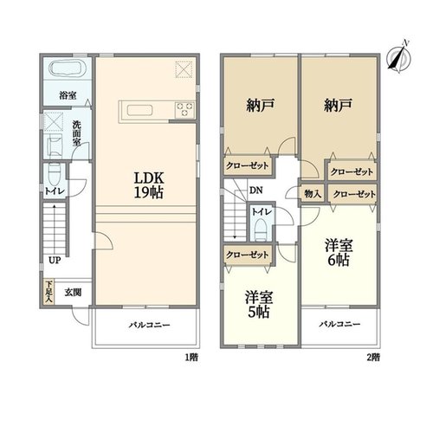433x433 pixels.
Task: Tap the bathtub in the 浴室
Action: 68,68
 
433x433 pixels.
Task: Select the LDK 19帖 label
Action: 149,185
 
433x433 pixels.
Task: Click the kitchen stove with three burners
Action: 185,110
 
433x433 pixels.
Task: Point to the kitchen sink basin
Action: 140,110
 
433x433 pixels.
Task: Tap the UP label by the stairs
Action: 55,261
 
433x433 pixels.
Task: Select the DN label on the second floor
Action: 255,191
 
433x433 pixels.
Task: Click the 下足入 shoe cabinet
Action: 48,292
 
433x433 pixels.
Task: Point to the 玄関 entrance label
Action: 73,293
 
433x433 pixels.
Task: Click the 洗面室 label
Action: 76,133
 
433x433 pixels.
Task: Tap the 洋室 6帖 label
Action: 339,253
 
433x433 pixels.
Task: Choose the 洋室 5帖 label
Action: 259,305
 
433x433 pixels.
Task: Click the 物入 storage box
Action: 313,194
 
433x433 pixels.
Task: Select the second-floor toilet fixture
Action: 262,229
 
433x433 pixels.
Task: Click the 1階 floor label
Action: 191,358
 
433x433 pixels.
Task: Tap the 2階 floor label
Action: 373,358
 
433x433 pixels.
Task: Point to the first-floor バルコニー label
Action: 150,325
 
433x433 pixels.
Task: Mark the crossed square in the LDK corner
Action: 184,69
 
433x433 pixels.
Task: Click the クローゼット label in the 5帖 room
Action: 248,255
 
